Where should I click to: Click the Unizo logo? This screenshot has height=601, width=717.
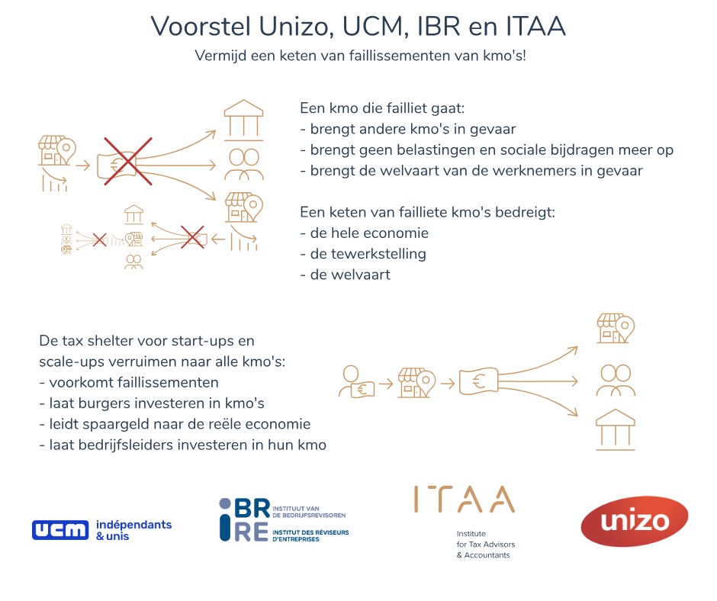(x=634, y=521)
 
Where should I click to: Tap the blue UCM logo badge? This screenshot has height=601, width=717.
(x=60, y=530)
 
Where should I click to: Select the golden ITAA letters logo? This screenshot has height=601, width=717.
(x=464, y=499)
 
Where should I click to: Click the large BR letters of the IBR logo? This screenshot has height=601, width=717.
(x=252, y=509)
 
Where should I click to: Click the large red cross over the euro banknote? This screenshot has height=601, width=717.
(x=127, y=161)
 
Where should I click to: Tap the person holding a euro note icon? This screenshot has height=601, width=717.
(x=357, y=381)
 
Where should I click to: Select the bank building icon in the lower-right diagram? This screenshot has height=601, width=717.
(x=616, y=429)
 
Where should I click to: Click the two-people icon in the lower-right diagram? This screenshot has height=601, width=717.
(x=616, y=381)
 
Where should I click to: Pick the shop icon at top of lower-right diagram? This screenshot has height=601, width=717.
(x=616, y=329)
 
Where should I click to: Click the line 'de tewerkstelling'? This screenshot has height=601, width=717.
(x=363, y=254)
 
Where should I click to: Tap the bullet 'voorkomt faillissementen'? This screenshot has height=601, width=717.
(x=129, y=382)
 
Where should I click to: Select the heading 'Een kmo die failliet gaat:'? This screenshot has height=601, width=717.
(x=382, y=108)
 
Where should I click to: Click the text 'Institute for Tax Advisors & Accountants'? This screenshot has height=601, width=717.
(x=486, y=545)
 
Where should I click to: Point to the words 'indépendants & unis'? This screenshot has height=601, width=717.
(x=134, y=530)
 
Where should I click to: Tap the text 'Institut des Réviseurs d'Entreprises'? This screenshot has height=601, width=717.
(x=310, y=535)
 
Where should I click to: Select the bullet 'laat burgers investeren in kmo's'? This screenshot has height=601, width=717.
(x=152, y=403)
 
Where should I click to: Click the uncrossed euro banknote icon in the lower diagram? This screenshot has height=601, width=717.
(x=478, y=381)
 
